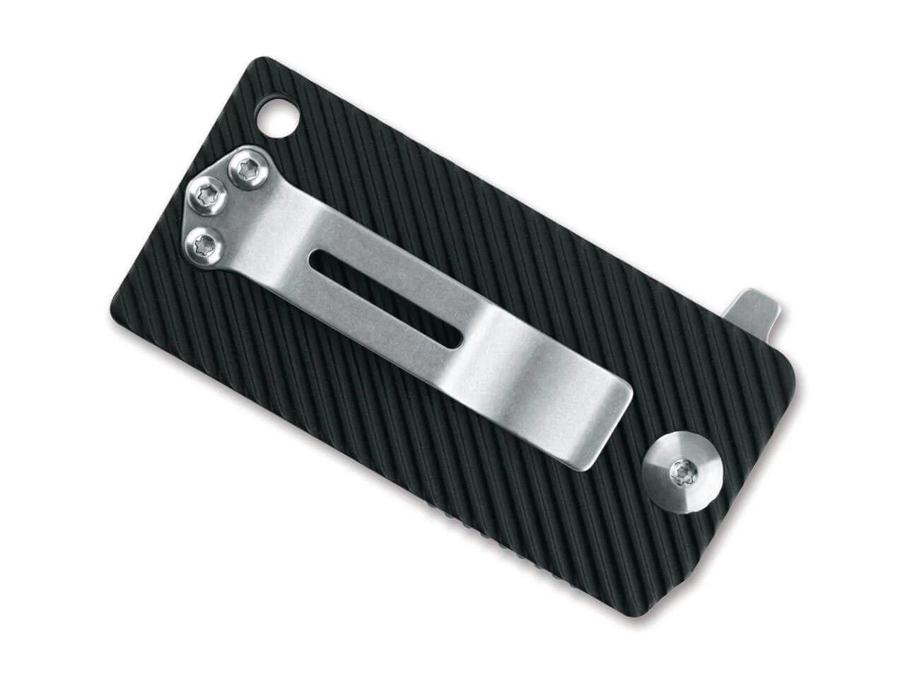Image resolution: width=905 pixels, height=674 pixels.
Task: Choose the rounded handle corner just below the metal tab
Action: coord(797,375)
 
